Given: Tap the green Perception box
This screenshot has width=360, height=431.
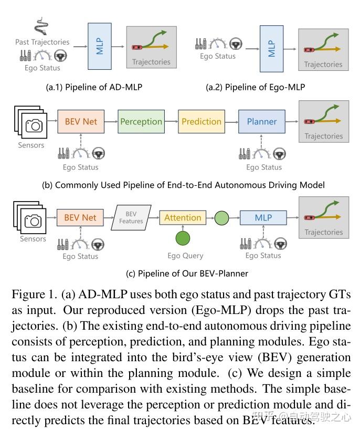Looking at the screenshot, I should click(141, 121).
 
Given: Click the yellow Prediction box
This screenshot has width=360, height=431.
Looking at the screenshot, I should click(202, 121).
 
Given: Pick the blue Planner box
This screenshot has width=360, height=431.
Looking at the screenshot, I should click(261, 121).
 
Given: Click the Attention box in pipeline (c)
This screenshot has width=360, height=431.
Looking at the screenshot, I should click(183, 217).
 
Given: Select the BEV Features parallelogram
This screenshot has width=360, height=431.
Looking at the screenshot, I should click(131, 218).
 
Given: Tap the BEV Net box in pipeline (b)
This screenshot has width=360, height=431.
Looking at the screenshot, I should click(80, 121).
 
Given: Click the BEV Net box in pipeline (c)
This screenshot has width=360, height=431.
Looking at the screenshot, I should click(80, 217).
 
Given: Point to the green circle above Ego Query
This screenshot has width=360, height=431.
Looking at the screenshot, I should click(183, 239).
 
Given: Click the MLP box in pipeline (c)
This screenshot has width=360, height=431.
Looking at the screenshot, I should click(263, 217).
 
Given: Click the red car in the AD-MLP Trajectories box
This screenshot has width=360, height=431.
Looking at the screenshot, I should click(137, 47).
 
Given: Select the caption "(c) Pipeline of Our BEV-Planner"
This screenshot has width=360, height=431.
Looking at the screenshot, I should click(179, 273).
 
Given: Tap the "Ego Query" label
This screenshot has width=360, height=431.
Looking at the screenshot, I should click(185, 256).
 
